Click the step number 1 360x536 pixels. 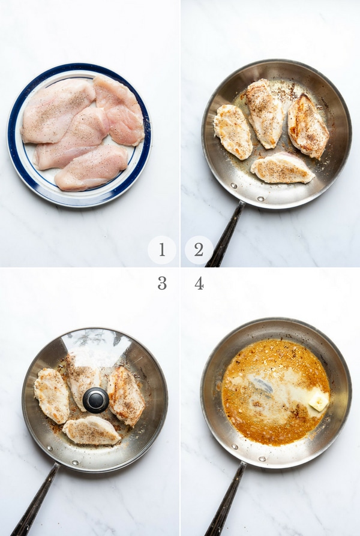162,249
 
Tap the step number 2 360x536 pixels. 199,249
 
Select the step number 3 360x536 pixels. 162,283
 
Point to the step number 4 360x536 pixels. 199,284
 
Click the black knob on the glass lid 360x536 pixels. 96,400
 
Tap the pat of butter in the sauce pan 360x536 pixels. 319,401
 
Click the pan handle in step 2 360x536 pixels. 224,236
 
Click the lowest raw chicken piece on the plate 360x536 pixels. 91,167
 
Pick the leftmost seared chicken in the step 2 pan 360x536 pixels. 233,132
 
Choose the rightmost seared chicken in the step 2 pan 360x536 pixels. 308,127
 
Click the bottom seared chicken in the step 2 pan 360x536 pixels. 283,168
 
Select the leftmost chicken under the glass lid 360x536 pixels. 52,396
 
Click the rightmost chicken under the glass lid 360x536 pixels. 125,396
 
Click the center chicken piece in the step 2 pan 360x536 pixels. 265,113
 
